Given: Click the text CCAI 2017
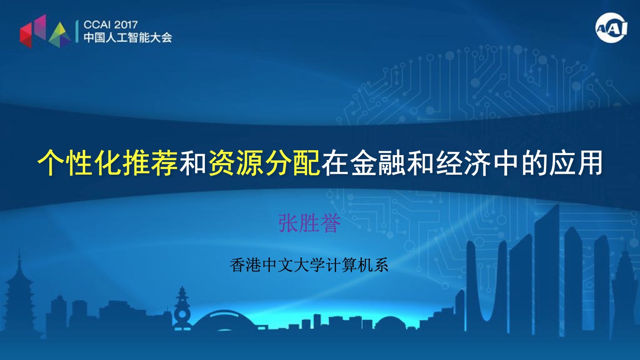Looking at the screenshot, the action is coord(111,25).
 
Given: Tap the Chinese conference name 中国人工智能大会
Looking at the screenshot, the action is coord(128,37).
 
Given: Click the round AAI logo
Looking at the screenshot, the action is coord(612,28).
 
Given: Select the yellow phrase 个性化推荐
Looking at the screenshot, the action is coord(108,162).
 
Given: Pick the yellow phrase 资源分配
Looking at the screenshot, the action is coord(264,162).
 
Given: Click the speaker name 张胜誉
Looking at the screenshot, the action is coord(309,223).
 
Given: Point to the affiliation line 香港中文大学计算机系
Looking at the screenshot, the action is coord(309,265).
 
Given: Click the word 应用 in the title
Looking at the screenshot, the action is coord(575,162).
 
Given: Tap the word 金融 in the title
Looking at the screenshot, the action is coord(378,162).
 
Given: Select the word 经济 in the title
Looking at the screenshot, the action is coord(463,162).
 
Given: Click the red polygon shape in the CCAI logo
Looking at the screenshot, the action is coord(26,36).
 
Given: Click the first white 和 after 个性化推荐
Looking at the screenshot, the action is coord(193,162).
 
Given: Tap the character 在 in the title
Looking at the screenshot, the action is coord(335,162).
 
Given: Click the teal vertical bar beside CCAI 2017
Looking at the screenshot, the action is coord(77,32).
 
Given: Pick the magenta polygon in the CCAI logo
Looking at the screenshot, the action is coord(40,26).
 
